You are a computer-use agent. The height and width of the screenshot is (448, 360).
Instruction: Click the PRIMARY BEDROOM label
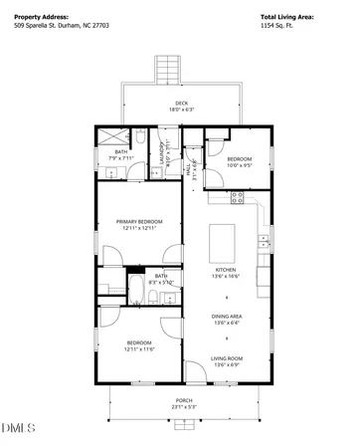(x=139, y=221)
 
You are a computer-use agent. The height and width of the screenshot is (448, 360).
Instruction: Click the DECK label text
(x=182, y=103)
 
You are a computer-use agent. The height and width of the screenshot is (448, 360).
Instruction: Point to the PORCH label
(x=180, y=399)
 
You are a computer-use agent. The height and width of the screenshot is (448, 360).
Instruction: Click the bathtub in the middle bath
(x=134, y=291)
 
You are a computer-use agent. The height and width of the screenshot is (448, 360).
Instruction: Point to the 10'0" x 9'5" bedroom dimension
(x=240, y=166)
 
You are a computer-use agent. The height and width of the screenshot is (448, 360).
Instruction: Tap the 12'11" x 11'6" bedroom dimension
(x=139, y=349)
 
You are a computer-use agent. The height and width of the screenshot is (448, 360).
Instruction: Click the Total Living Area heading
(x=286, y=17)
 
